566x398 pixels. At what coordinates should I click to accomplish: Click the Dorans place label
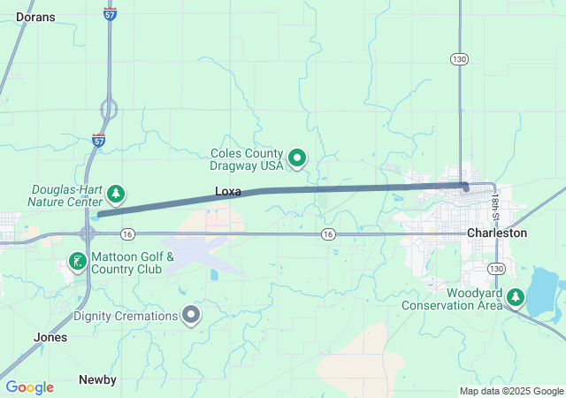35,17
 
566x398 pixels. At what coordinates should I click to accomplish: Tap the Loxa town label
228,191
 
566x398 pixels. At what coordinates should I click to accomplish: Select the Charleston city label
497,233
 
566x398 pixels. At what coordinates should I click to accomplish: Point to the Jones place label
50,337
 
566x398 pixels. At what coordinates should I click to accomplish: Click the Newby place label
97,379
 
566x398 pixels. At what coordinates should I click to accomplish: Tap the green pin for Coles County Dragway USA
298,159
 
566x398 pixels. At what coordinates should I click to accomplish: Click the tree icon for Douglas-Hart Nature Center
115,193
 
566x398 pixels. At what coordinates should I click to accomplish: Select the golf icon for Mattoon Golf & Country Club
78,261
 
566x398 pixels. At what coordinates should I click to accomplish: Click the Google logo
29,387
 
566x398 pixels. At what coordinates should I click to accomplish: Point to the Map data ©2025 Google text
511,391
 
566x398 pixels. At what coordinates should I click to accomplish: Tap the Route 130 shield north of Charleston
458,59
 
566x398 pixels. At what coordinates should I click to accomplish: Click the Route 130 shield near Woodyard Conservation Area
497,268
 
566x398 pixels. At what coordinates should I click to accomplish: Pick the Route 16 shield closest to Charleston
328,233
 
